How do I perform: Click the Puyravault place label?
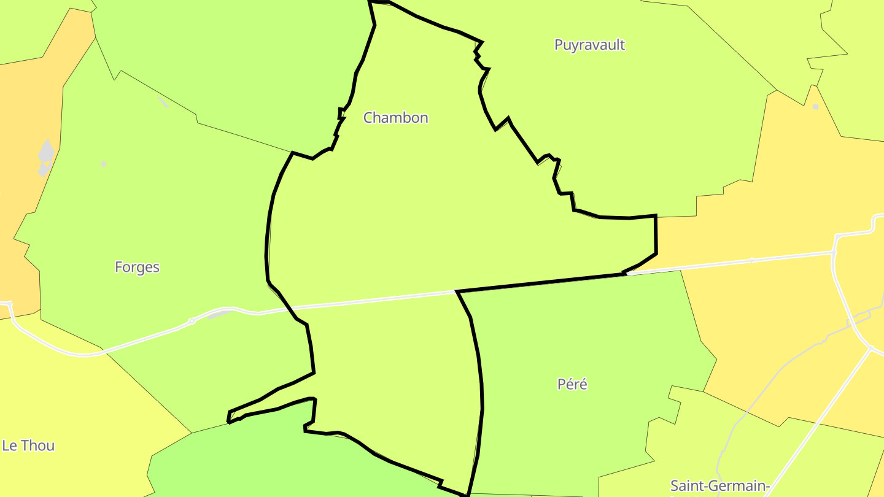(x=589, y=45)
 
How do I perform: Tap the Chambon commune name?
(x=395, y=117)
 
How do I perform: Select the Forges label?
(x=137, y=267)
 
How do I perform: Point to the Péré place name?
(x=572, y=384)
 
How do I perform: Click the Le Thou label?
(x=28, y=445)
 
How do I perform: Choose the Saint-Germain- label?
(x=719, y=486)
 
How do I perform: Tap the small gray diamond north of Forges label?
(x=103, y=164)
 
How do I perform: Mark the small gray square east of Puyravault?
(x=815, y=107)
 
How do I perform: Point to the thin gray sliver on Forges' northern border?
(x=163, y=102)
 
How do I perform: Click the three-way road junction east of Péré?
(x=870, y=349)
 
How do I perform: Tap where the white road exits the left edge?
(x=2, y=302)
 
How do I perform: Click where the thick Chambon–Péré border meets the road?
(x=458, y=292)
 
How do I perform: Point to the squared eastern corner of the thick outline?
(x=656, y=217)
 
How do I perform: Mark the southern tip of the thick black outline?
(x=467, y=494)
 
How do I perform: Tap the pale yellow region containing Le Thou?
(x=74, y=405)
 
